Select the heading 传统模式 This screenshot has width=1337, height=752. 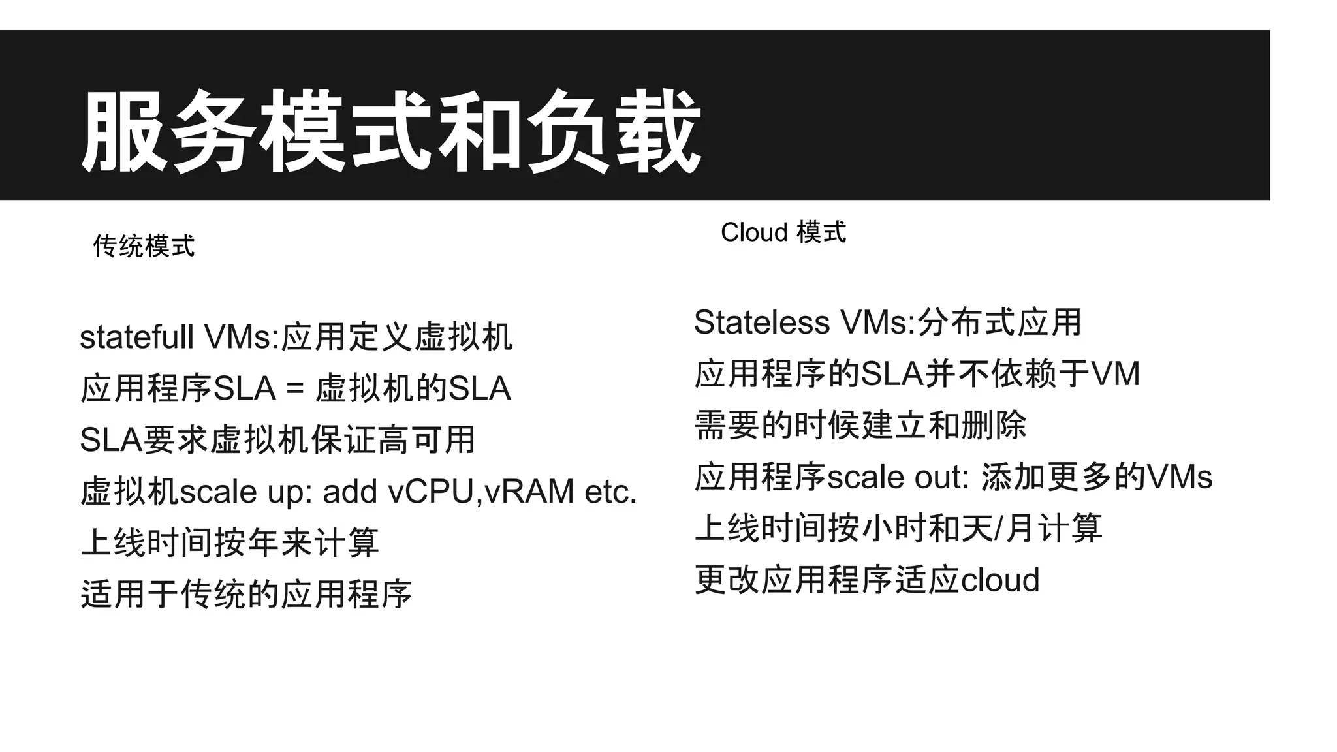click(x=144, y=246)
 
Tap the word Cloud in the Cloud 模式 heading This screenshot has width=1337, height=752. click(x=754, y=232)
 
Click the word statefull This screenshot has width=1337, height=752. click(x=136, y=337)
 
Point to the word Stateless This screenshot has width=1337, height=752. click(x=761, y=322)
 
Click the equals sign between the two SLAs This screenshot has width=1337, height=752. click(x=295, y=389)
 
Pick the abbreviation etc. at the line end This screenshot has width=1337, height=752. click(x=610, y=492)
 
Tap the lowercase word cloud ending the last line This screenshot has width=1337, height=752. click(x=1000, y=580)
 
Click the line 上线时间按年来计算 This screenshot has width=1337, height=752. click(x=229, y=542)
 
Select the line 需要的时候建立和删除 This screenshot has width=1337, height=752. click(x=860, y=426)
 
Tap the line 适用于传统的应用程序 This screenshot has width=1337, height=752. click(x=246, y=594)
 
